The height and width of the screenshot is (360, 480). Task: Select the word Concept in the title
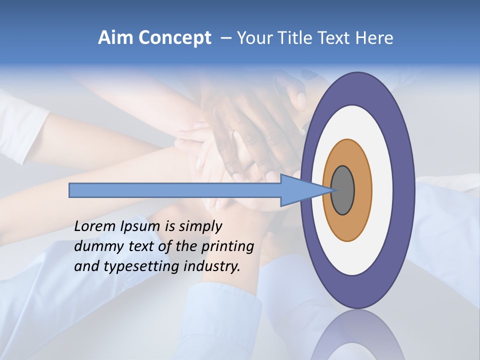click(174, 38)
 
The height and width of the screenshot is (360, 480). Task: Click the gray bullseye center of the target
click(343, 190)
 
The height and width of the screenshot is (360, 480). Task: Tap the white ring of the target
click(382, 190)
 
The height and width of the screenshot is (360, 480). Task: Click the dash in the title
click(225, 38)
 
